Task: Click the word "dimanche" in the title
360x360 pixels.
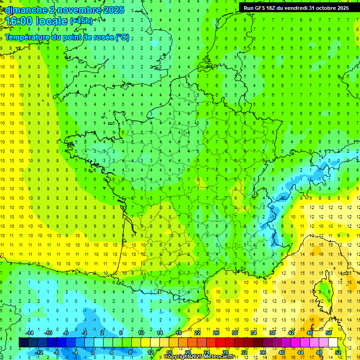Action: pos(24,9)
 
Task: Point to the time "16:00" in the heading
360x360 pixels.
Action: pos(19,21)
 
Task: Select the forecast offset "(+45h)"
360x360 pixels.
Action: pos(81,21)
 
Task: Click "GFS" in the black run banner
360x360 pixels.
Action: pos(260,8)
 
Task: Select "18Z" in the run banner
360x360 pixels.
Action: pos(273,8)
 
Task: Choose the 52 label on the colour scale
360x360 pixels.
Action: pos(338,352)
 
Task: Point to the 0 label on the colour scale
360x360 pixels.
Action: pos(93,352)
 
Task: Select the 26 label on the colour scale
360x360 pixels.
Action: pos(216,333)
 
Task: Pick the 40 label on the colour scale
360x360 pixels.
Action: pos(281,352)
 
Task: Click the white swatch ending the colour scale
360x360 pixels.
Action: pos(333,342)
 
